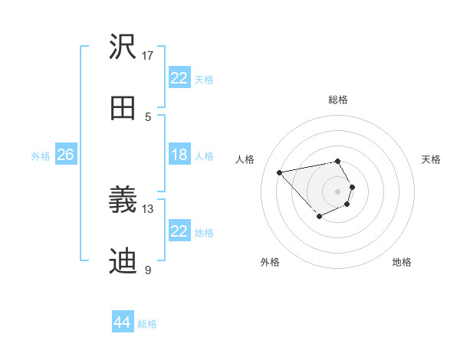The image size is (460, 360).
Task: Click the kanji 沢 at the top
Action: [123, 48]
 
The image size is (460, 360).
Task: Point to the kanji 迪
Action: [123, 261]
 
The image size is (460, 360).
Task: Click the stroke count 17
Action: [148, 56]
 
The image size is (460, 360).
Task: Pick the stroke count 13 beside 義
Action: [148, 208]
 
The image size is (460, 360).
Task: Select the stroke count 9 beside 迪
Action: [148, 270]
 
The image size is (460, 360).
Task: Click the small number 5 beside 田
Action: [148, 116]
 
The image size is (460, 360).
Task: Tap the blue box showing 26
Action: [65, 155]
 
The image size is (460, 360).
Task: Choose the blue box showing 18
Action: [179, 155]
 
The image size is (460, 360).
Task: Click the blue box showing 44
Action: [123, 322]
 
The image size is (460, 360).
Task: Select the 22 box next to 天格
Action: [179, 78]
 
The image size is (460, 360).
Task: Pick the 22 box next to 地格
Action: [179, 231]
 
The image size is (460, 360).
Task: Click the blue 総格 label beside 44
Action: [147, 324]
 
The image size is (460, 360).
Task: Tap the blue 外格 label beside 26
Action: [41, 156]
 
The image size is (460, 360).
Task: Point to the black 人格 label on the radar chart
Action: [245, 159]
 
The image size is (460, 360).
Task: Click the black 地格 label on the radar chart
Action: [402, 262]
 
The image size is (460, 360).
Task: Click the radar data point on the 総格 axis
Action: [337, 161]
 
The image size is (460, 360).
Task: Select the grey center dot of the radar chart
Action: [337, 191]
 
